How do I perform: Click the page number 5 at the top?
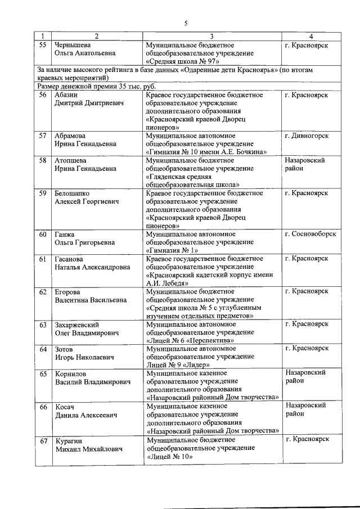[x=186, y=22]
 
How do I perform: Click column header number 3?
[x=211, y=37]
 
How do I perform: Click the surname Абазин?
[x=67, y=95]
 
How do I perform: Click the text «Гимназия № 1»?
[x=172, y=250]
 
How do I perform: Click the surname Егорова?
[x=67, y=292]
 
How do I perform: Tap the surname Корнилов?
[x=72, y=373]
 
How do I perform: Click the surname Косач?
[x=65, y=406]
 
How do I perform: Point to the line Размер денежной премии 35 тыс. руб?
[x=97, y=87]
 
